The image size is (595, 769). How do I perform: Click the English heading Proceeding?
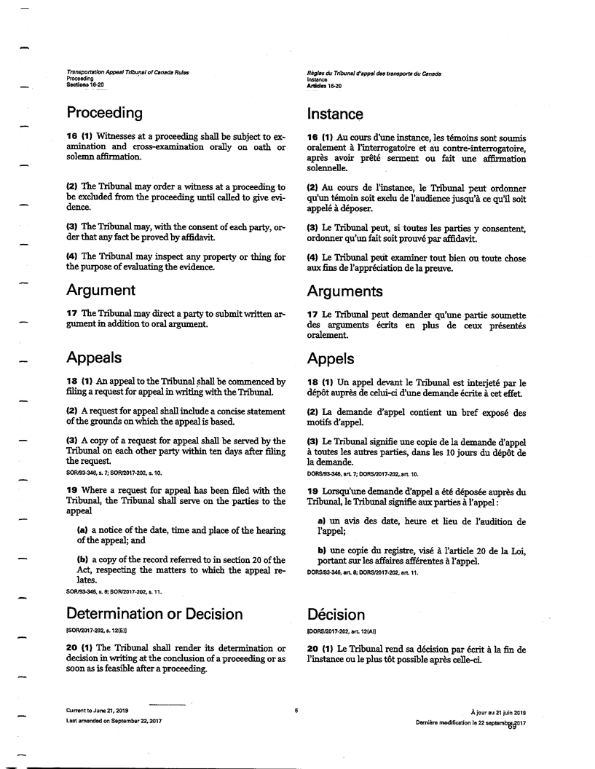pos(104,113)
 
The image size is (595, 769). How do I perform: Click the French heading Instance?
pos(335,114)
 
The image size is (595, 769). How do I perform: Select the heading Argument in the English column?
pos(101,290)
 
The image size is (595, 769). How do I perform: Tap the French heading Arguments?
pos(344,291)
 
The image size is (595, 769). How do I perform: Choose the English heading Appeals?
pos(94,358)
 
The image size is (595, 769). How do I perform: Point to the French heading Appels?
pos(331,359)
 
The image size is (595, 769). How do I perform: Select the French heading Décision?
pos(336,615)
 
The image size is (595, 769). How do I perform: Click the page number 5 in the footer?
pos(296,709)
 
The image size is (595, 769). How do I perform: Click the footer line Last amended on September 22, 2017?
pos(114,719)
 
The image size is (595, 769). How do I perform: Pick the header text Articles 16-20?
pos(324,86)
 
